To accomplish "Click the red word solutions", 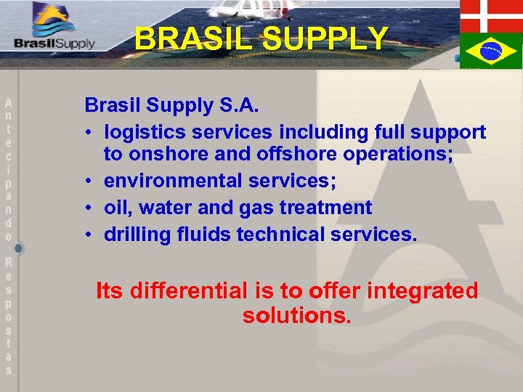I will pos(296,317).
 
